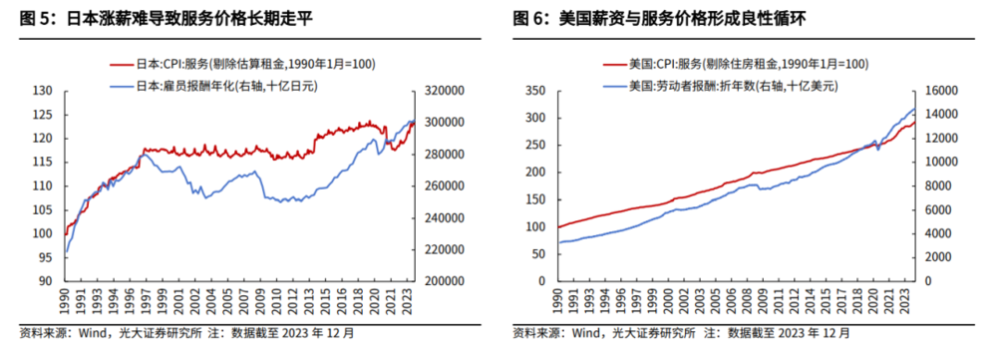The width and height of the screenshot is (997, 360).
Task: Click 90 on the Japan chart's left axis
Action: (43, 281)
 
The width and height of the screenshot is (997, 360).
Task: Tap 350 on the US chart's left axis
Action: (534, 90)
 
